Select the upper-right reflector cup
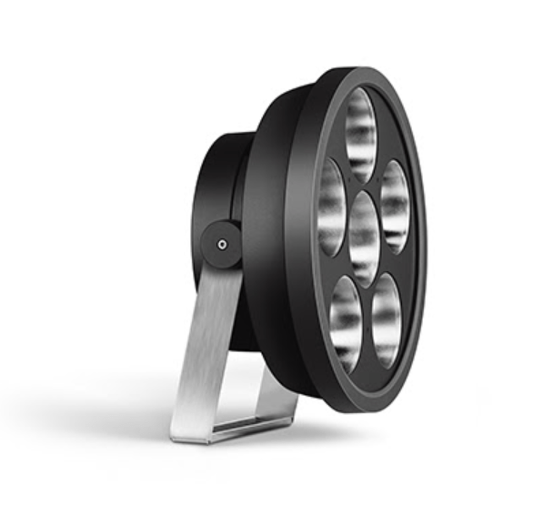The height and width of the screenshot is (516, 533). coord(394,206)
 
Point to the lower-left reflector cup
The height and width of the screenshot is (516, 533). coord(346,322)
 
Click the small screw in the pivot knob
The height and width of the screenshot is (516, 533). coord(222,244)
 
